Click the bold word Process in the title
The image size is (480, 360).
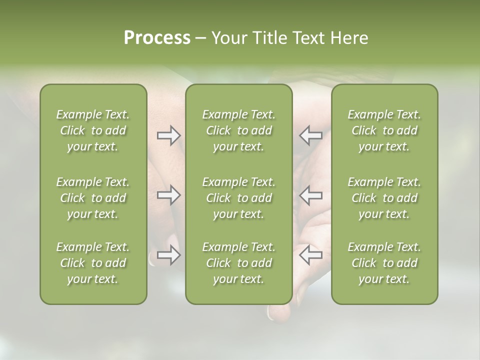(x=157, y=38)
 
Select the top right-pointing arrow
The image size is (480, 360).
(x=169, y=135)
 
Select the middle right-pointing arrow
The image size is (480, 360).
(x=169, y=195)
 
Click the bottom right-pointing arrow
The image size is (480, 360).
(x=169, y=255)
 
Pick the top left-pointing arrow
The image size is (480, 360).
(x=310, y=135)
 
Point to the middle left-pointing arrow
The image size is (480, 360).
(x=310, y=195)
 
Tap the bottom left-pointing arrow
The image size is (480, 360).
(x=310, y=255)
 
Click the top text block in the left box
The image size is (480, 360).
(x=93, y=130)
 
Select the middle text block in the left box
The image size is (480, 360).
(x=93, y=198)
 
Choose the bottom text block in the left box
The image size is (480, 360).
(x=93, y=263)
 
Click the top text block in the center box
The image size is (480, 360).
(x=238, y=130)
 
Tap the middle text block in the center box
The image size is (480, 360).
(x=238, y=198)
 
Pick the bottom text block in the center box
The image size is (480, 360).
(x=238, y=263)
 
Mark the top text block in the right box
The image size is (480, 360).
(x=384, y=130)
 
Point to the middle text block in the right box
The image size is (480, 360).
(x=384, y=198)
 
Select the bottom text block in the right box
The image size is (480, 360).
(x=384, y=263)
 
